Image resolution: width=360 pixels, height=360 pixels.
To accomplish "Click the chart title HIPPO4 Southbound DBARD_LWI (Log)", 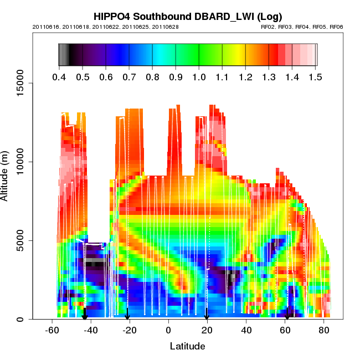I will [187, 17].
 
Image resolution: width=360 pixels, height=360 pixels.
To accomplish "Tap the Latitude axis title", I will [187, 346].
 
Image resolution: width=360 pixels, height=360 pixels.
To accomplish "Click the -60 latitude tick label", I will [52, 330].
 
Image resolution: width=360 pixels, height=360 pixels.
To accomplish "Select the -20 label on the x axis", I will [130, 330].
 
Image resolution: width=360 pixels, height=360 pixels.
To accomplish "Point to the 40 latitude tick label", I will [246, 330].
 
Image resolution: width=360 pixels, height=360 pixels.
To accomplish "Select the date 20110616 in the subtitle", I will [45, 27].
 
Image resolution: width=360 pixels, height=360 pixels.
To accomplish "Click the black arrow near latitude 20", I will [207, 315].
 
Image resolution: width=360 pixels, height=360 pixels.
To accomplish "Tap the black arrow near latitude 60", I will [287, 315].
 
